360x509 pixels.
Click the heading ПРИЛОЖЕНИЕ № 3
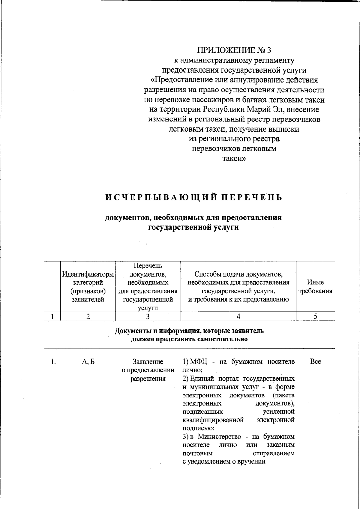click(234, 50)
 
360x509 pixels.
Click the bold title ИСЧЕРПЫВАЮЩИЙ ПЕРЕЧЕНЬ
click(194, 197)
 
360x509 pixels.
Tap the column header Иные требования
click(315, 286)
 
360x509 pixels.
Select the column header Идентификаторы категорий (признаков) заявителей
click(88, 286)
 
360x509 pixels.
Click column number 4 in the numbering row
click(238, 316)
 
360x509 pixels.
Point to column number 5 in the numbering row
click(315, 316)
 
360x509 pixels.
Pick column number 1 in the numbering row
click(52, 316)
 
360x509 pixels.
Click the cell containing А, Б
click(88, 362)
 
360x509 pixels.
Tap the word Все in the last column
click(315, 362)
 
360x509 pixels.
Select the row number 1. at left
click(53, 362)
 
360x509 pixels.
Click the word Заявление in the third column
click(148, 362)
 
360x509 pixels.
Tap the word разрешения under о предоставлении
click(148, 379)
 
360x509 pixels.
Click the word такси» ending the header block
click(234, 159)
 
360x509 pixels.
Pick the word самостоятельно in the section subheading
click(223, 339)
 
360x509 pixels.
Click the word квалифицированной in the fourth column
click(213, 420)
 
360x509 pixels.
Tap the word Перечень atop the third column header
click(148, 265)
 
